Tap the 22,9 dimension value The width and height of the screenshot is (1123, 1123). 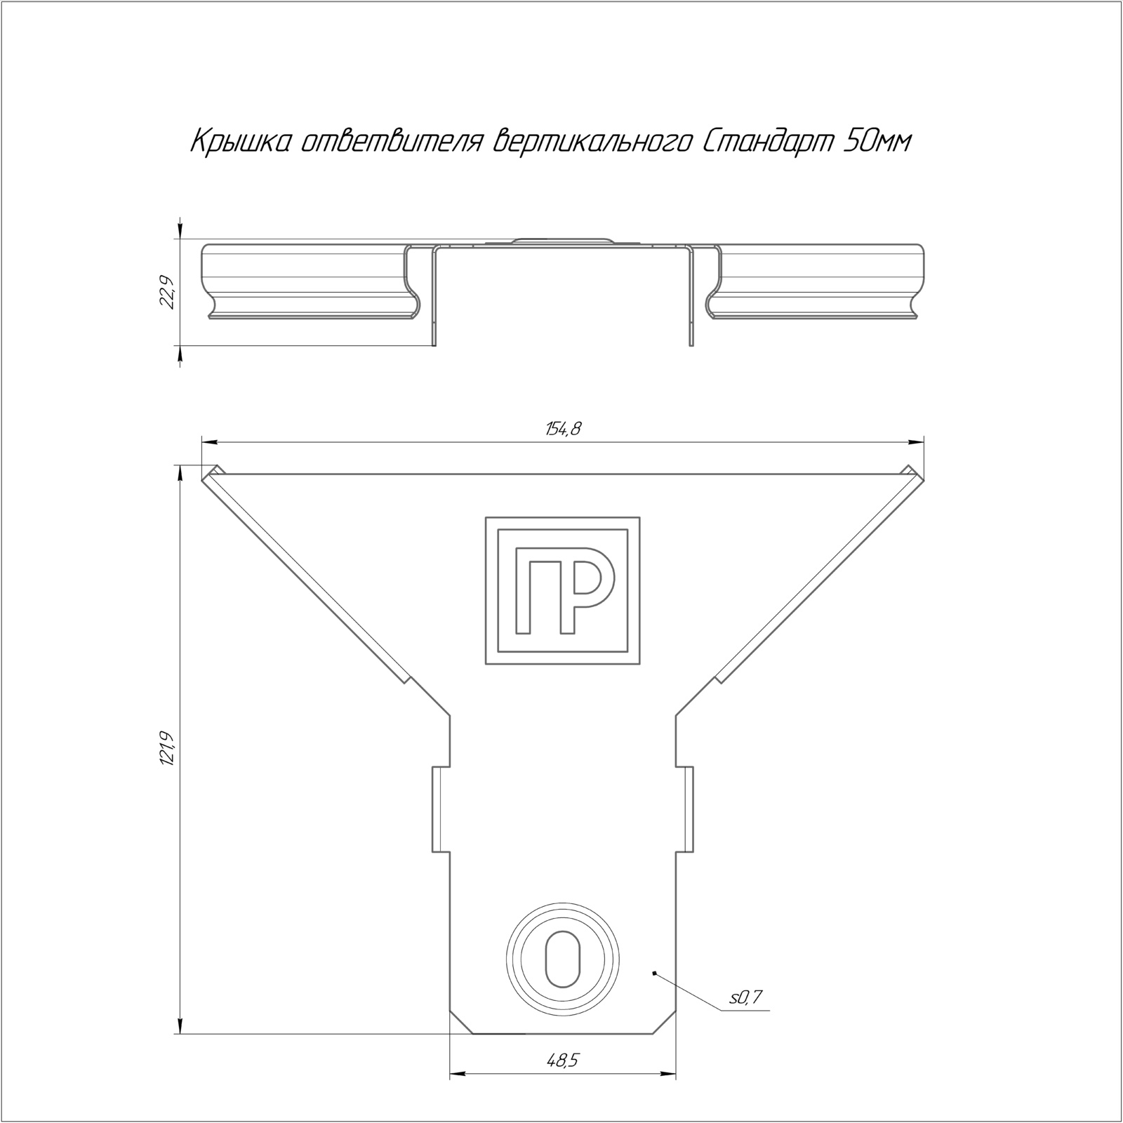166,293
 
